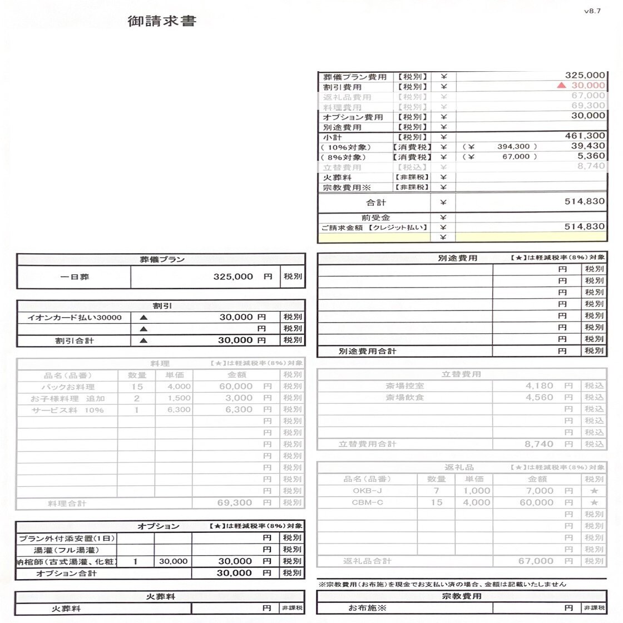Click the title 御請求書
pyautogui.click(x=162, y=22)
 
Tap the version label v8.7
pyautogui.click(x=592, y=11)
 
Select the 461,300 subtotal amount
pyautogui.click(x=585, y=136)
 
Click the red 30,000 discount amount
pyautogui.click(x=587, y=85)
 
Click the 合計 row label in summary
pyautogui.click(x=376, y=202)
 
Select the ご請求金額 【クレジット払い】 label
pyautogui.click(x=374, y=228)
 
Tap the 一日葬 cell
pyautogui.click(x=74, y=276)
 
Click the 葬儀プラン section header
pyautogui.click(x=161, y=259)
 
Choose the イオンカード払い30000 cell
pyautogui.click(x=75, y=317)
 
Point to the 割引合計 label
pyautogui.click(x=75, y=340)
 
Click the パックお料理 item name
pyautogui.click(x=68, y=387)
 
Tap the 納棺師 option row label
pyautogui.click(x=67, y=562)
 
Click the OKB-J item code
pyautogui.click(x=367, y=491)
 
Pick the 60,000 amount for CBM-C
pyautogui.click(x=536, y=502)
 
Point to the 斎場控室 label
pyautogui.click(x=404, y=385)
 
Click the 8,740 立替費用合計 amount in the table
pyautogui.click(x=539, y=444)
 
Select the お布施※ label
pyautogui.click(x=367, y=608)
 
